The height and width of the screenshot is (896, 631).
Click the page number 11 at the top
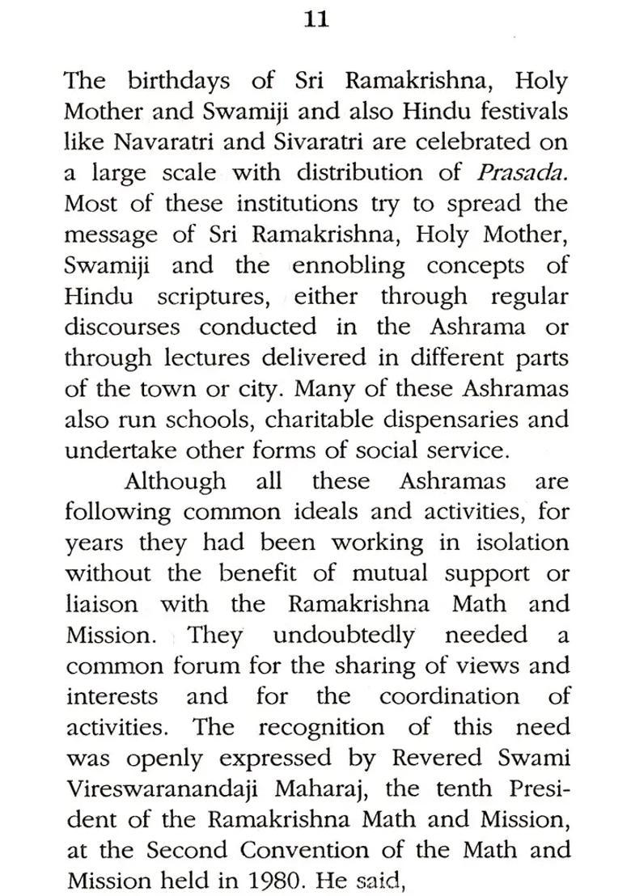pyautogui.click(x=315, y=20)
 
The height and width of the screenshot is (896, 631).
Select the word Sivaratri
pyautogui.click(x=307, y=142)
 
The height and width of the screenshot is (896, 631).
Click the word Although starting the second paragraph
pyautogui.click(x=175, y=481)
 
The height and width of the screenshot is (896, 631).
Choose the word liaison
pyautogui.click(x=102, y=604)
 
